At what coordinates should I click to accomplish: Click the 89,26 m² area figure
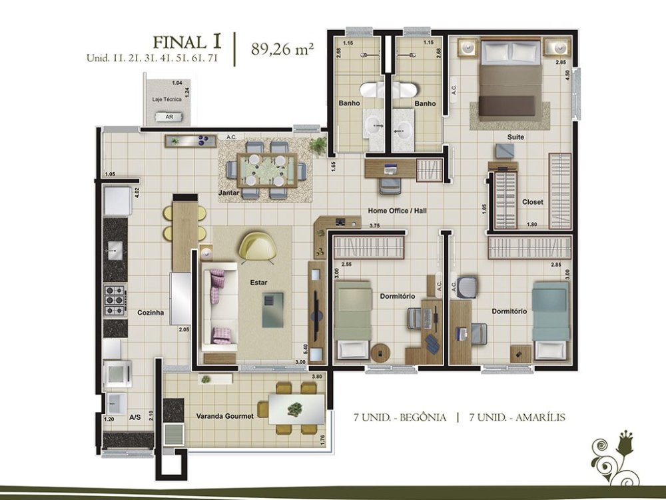(x=282, y=49)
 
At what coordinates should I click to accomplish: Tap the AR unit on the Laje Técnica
(x=169, y=117)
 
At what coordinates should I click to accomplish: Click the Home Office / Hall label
(x=397, y=211)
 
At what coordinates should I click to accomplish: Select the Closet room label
(x=533, y=202)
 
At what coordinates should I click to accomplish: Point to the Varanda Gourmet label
(x=224, y=416)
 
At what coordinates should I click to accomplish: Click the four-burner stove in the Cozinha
(x=115, y=301)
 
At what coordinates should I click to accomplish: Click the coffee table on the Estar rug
(x=272, y=309)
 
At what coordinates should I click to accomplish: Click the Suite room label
(x=515, y=137)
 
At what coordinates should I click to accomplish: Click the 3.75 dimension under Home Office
(x=374, y=226)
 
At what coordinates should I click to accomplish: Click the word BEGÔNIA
(x=423, y=417)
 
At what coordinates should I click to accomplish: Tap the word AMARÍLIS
(x=540, y=417)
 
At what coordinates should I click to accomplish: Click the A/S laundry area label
(x=135, y=418)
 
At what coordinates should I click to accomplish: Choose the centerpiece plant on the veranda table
(x=295, y=409)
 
